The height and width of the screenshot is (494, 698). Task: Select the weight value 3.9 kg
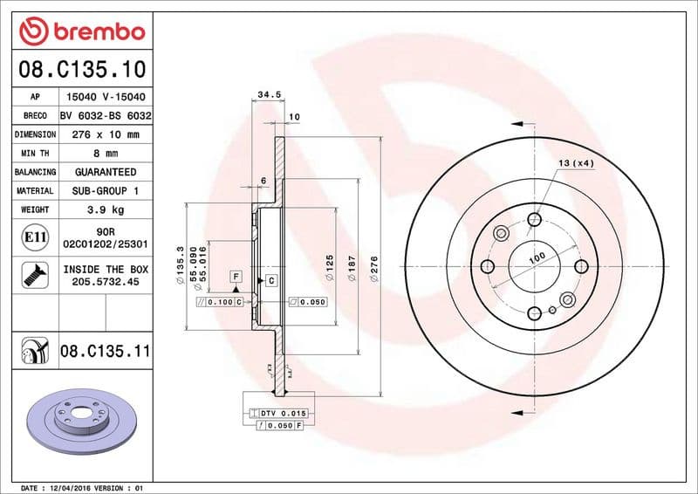[106, 209]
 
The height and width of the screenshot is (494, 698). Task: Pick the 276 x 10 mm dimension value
[106, 135]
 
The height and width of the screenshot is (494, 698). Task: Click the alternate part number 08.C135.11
[106, 352]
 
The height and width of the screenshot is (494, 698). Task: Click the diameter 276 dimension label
[374, 265]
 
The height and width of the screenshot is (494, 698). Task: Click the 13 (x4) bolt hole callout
[576, 163]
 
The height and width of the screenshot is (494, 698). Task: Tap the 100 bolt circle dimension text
[536, 257]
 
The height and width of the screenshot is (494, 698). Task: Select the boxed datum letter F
[236, 276]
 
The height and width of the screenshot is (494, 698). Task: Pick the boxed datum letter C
[271, 279]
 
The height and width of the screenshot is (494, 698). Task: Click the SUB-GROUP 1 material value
[106, 190]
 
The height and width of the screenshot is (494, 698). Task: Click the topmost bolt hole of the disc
[534, 219]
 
